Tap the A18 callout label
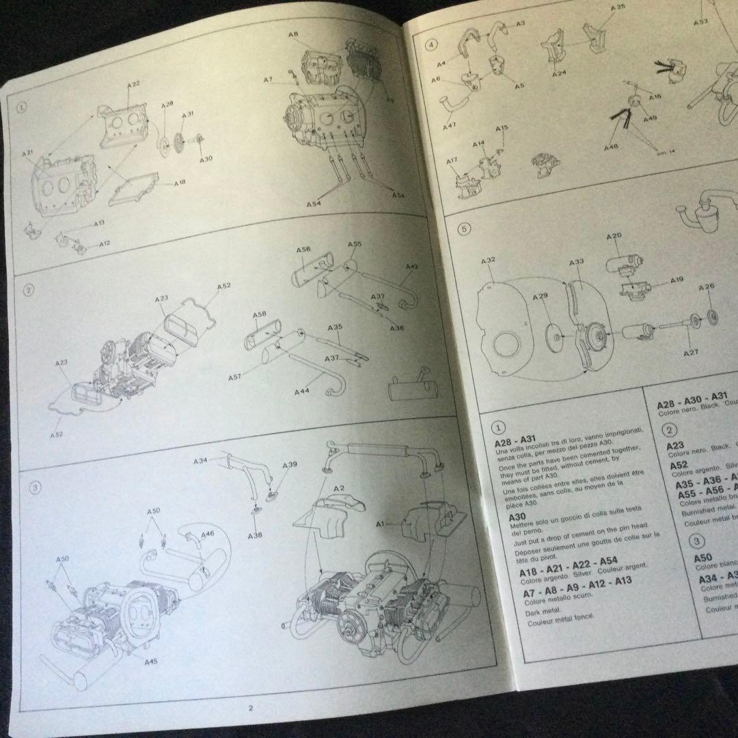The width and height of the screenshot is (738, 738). click(x=180, y=183)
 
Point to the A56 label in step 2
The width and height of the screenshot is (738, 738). click(x=303, y=250)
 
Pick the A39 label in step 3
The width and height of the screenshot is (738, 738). click(x=290, y=465)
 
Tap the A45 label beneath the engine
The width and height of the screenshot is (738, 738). click(x=152, y=661)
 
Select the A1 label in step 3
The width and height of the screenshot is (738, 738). click(x=382, y=523)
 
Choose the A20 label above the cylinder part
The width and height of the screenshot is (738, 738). click(x=613, y=236)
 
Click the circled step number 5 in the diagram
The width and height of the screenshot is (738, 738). click(x=464, y=230)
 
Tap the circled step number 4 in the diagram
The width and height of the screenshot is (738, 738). click(x=431, y=46)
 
